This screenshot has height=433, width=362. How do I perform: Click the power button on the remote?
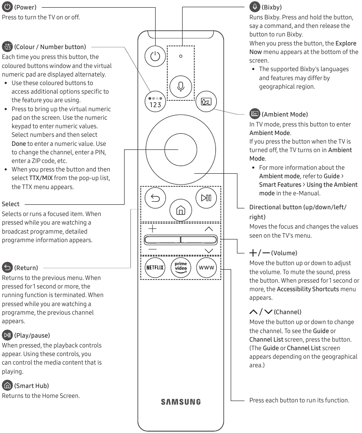tap(155, 56)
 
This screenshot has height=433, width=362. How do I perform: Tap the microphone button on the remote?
tap(180, 85)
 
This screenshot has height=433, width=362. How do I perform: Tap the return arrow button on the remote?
tap(155, 198)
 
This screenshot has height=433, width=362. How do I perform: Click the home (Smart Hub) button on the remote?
tap(180, 210)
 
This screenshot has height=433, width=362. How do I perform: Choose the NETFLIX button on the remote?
tap(155, 268)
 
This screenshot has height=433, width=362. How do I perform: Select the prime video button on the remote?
tap(180, 268)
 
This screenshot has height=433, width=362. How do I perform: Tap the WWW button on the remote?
tap(206, 268)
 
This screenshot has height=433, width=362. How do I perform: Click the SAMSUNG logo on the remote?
tap(180, 402)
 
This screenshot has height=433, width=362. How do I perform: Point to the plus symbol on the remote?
tap(152, 229)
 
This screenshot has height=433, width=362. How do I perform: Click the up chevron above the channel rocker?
tap(208, 229)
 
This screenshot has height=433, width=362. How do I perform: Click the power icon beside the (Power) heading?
tap(7, 7)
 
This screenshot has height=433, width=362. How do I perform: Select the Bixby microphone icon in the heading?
tap(255, 7)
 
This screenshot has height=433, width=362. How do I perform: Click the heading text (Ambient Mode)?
tap(284, 115)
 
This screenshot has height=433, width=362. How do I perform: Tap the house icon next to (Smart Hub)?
tap(7, 385)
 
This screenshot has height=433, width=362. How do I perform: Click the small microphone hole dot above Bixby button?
tap(180, 56)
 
